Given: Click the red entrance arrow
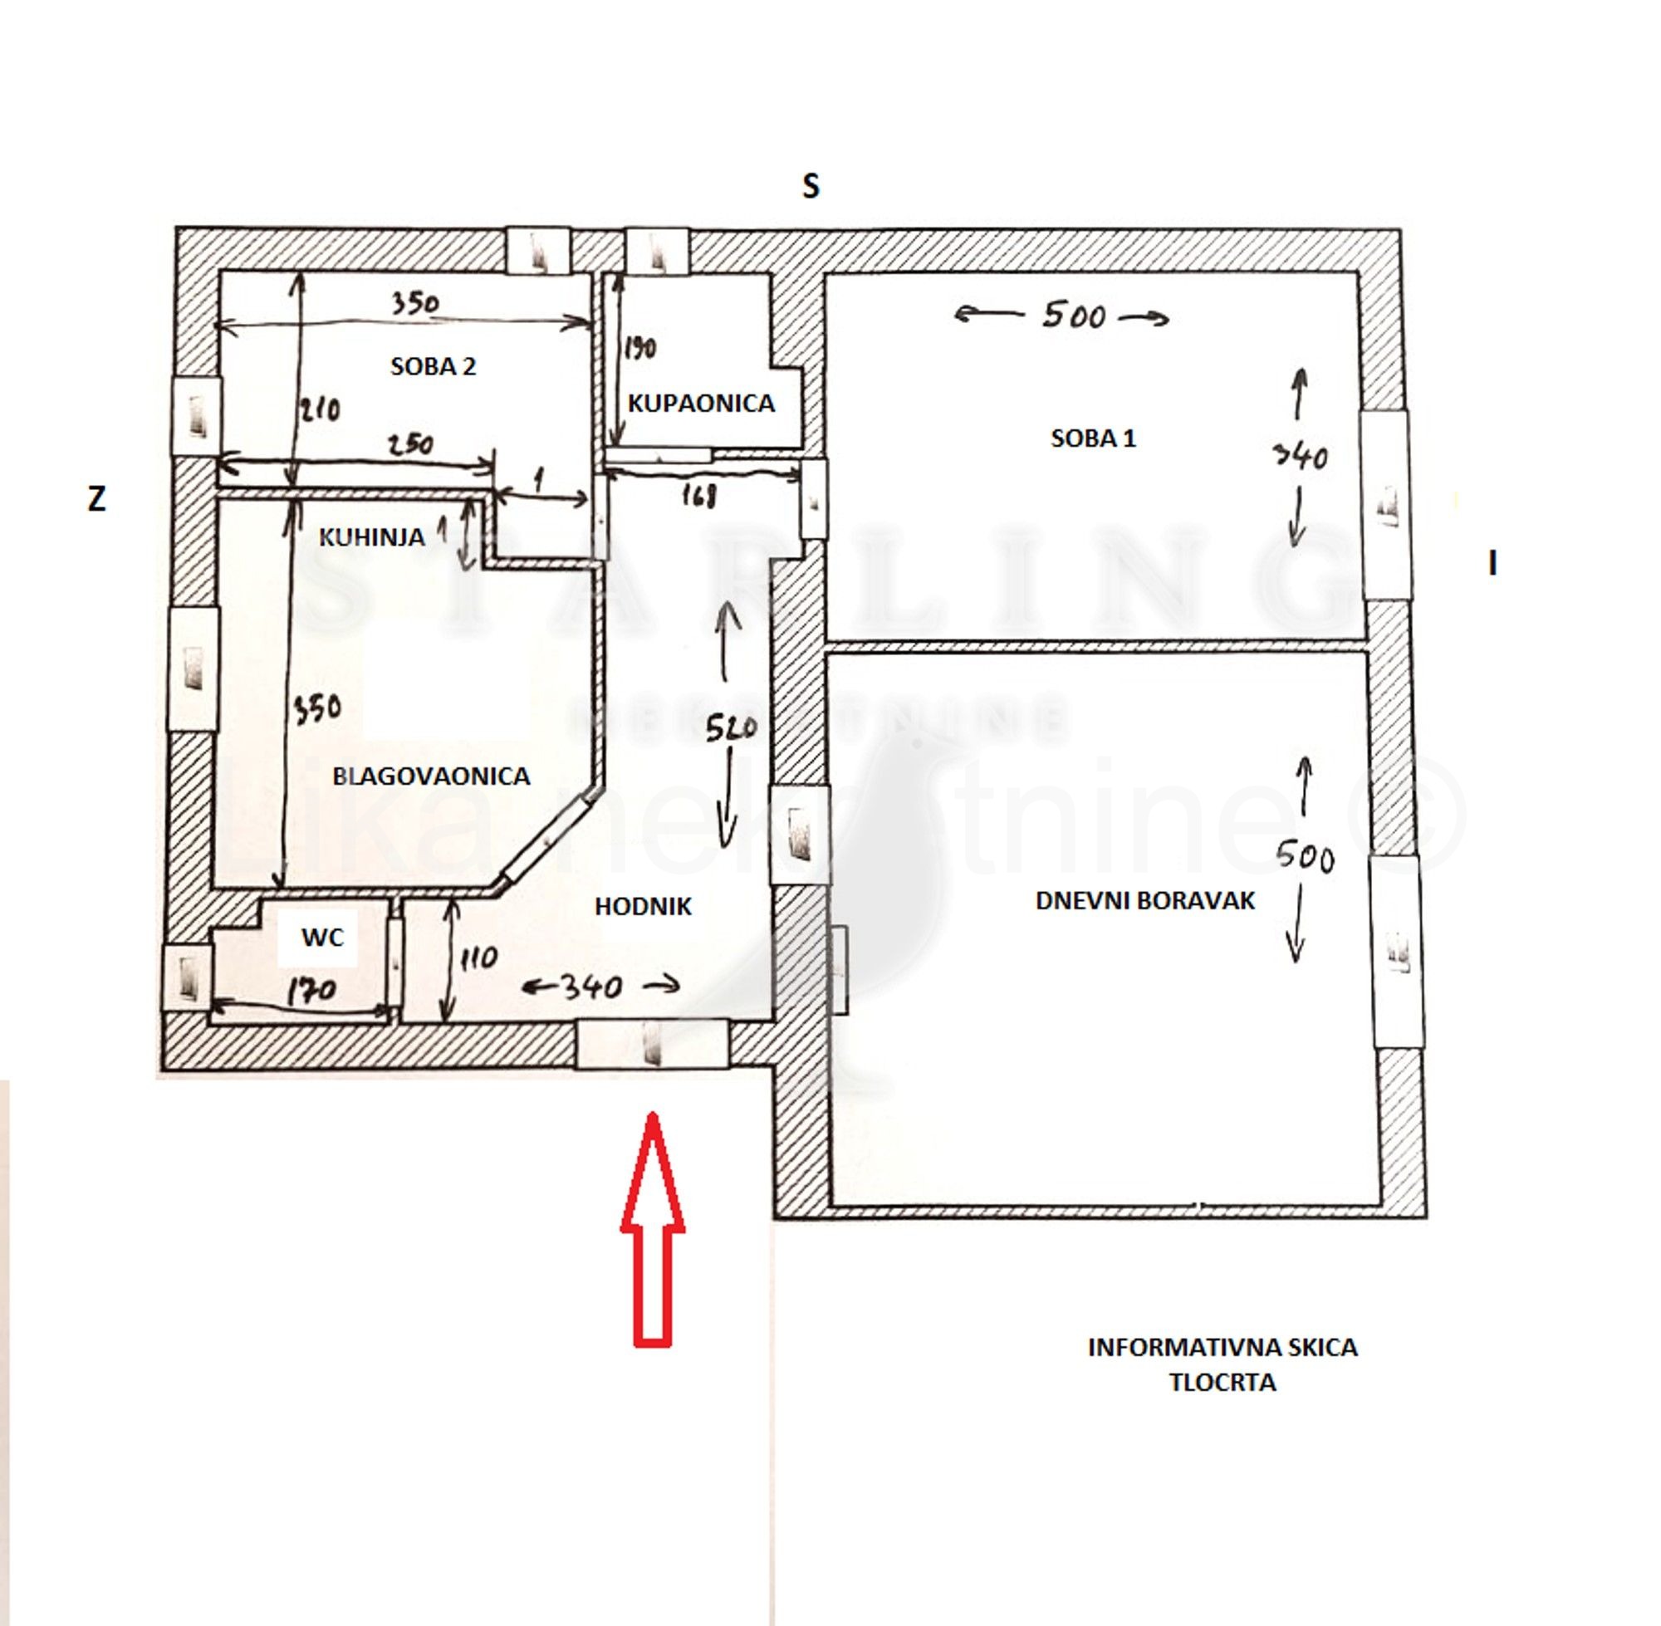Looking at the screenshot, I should coord(652,1230).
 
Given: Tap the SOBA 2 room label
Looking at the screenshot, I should coord(433,366).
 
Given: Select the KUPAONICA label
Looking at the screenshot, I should coord(700,403).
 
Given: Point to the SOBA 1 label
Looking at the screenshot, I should coord(1092,439).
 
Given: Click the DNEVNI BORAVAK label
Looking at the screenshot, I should coord(1144,901).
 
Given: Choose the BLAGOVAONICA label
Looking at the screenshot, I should coord(430,776).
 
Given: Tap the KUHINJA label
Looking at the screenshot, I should coord(371,537).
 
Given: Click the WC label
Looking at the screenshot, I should coord(322,938).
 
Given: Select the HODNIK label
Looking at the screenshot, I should coord(642,907).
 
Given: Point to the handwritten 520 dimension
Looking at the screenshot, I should coord(731,727).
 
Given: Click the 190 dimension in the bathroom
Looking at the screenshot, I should coord(639,349).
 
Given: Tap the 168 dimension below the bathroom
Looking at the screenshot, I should coord(698,495).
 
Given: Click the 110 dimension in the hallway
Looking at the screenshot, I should coord(478,959).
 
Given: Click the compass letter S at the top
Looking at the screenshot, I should coord(811,186).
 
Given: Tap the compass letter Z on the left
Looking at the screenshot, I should coord(96,500).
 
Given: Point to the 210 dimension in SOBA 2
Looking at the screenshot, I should coord(320,410).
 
